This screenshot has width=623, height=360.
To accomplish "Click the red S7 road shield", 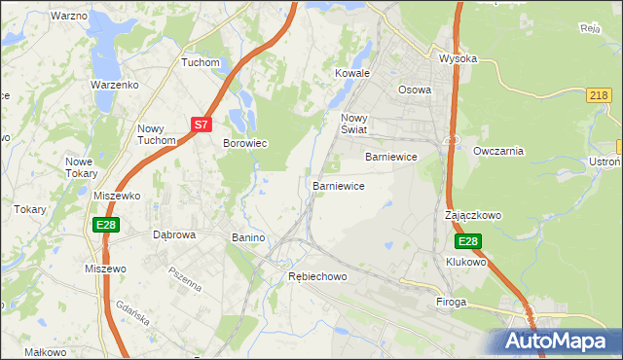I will [201, 125].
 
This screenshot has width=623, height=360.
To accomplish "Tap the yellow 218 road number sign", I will [600, 94].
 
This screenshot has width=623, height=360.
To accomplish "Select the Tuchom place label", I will [201, 62].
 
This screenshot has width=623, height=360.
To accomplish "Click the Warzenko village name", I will [115, 85].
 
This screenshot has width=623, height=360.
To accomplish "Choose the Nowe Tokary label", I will [81, 167].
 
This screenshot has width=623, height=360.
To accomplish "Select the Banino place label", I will [248, 237].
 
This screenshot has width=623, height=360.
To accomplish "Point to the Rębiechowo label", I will [317, 276].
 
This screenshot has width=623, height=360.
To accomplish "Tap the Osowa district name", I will [414, 90].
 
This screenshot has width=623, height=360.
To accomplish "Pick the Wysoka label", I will [458, 58].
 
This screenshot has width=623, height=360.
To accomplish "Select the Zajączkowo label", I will [472, 215].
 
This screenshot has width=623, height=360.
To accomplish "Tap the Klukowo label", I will [465, 263].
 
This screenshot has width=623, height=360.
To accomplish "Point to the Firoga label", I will [452, 303].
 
